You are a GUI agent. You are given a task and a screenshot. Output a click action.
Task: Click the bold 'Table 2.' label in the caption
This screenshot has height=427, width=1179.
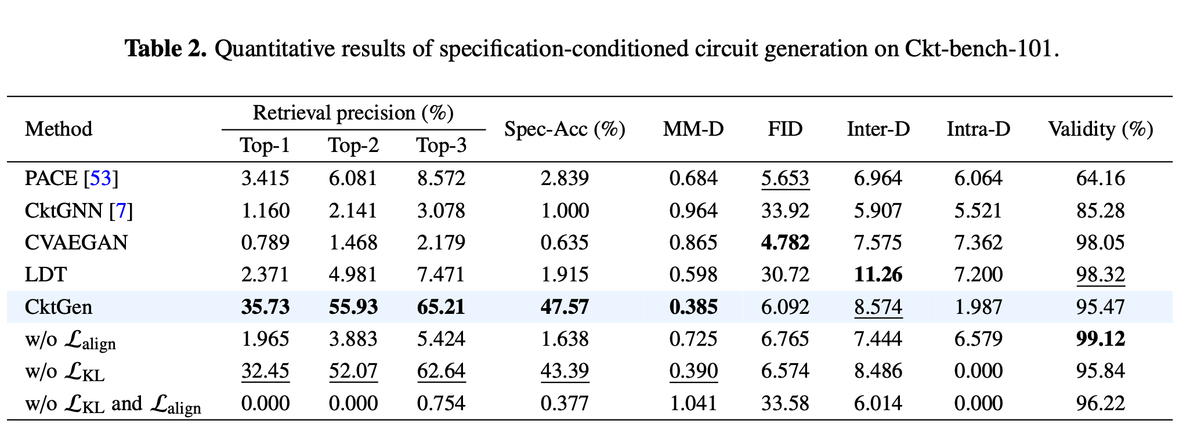pos(166,49)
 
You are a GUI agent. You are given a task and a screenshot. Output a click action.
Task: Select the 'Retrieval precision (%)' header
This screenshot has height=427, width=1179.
pos(353,113)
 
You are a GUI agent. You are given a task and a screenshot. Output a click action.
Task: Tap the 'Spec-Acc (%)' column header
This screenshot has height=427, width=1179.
pos(565,129)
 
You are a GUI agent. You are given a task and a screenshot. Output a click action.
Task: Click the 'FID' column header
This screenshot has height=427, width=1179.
pos(784,129)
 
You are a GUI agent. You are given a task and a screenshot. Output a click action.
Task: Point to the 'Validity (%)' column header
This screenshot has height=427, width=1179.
pos(1100,129)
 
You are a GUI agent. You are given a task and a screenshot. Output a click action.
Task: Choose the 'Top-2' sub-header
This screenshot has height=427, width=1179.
pos(353,145)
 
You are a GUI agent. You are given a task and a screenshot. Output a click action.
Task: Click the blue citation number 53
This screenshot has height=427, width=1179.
pos(100,178)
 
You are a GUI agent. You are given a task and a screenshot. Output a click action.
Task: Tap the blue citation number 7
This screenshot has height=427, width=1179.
pos(121,211)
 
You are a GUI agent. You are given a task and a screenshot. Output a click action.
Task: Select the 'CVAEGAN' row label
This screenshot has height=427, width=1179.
pos(76,243)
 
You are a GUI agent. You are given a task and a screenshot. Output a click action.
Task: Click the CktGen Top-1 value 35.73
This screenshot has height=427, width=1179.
pos(265,307)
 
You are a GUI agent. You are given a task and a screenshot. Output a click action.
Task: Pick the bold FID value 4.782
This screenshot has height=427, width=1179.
pos(784,243)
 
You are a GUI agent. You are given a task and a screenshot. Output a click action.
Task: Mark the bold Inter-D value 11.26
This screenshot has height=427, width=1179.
pos(878,274)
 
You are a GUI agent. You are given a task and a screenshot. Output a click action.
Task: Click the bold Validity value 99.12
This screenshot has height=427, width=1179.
pos(1100,339)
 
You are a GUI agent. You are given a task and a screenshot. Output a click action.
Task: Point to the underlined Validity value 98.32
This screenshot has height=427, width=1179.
pos(1100,274)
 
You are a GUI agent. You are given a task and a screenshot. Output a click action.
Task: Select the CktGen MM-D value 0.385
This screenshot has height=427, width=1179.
pos(693,307)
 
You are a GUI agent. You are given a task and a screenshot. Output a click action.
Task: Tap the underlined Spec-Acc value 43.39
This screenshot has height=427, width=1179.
pos(565,371)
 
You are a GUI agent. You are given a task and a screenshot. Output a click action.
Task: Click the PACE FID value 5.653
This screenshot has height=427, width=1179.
pos(784,178)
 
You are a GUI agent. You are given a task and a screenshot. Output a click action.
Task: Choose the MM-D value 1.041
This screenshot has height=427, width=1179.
pos(693,403)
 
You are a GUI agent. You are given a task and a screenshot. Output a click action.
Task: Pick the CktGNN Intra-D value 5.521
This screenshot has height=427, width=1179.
pos(978,211)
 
